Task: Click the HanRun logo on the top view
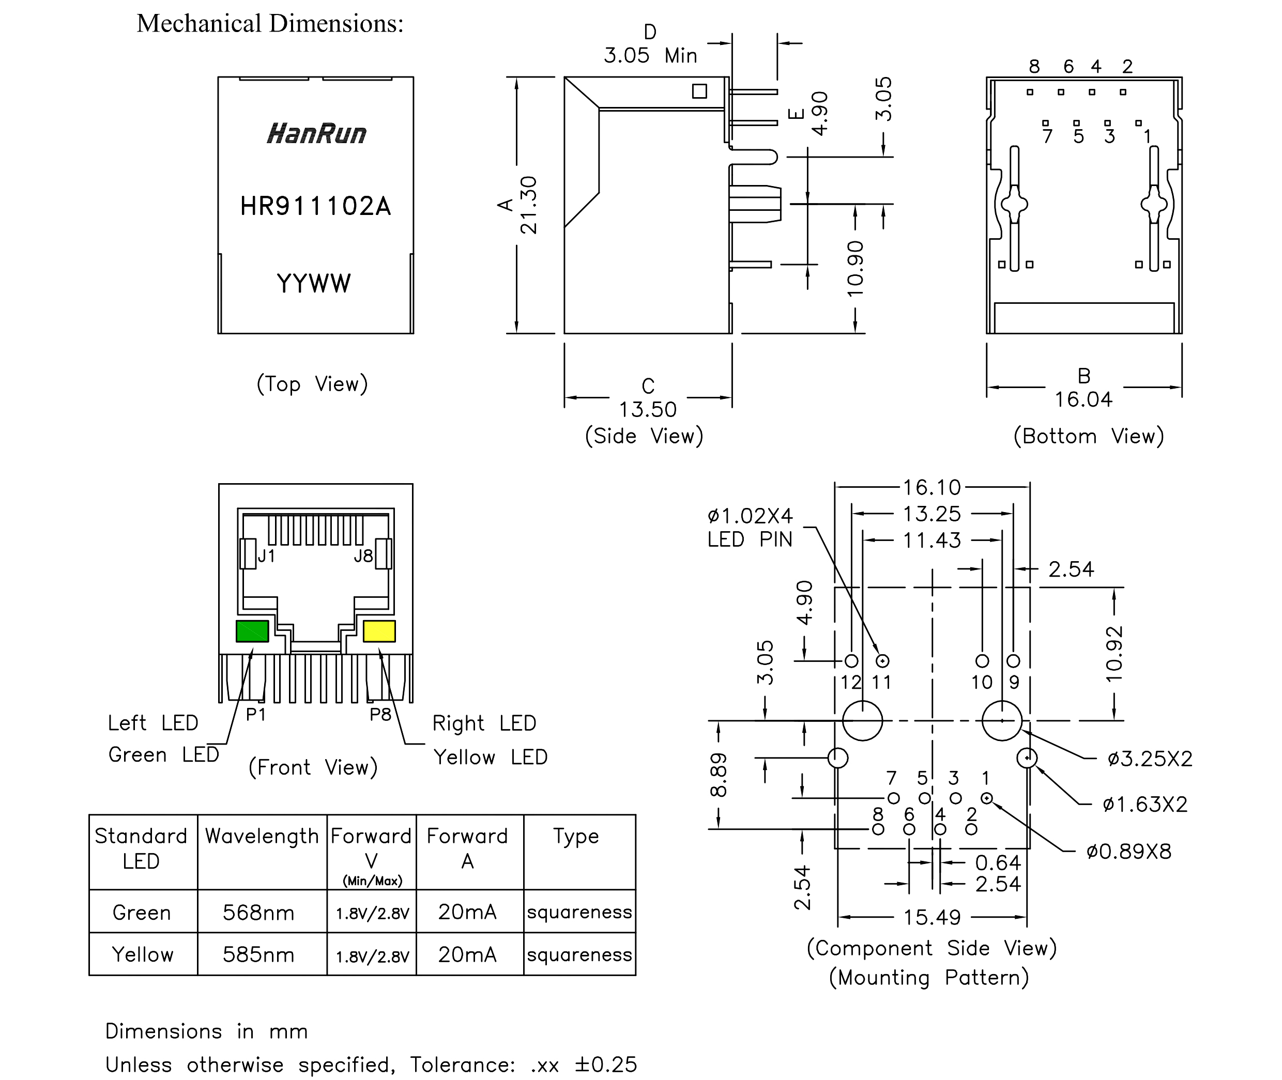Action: pyautogui.click(x=316, y=133)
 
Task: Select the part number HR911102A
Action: pyautogui.click(x=315, y=206)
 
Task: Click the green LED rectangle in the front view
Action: pyautogui.click(x=252, y=631)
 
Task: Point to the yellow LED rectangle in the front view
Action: pyautogui.click(x=379, y=631)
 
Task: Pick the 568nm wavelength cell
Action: pyautogui.click(x=258, y=912)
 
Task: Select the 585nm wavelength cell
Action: pyautogui.click(x=258, y=954)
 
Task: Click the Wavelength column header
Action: pyautogui.click(x=262, y=836)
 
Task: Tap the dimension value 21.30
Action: pyautogui.click(x=528, y=205)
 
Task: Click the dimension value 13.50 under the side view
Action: pyautogui.click(x=647, y=409)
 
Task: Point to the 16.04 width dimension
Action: pyautogui.click(x=1083, y=399)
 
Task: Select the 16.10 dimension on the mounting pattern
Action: pyautogui.click(x=932, y=487)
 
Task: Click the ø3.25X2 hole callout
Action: pyautogui.click(x=1150, y=759)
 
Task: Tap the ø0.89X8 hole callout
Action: pyautogui.click(x=1129, y=851)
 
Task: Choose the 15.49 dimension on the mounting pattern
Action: pyautogui.click(x=932, y=917)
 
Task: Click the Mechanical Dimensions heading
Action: pyautogui.click(x=270, y=24)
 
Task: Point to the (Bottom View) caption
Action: pyautogui.click(x=1089, y=436)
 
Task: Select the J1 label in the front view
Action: pyautogui.click(x=266, y=556)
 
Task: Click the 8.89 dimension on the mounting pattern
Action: pyautogui.click(x=719, y=775)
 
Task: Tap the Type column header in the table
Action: pyautogui.click(x=576, y=836)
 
